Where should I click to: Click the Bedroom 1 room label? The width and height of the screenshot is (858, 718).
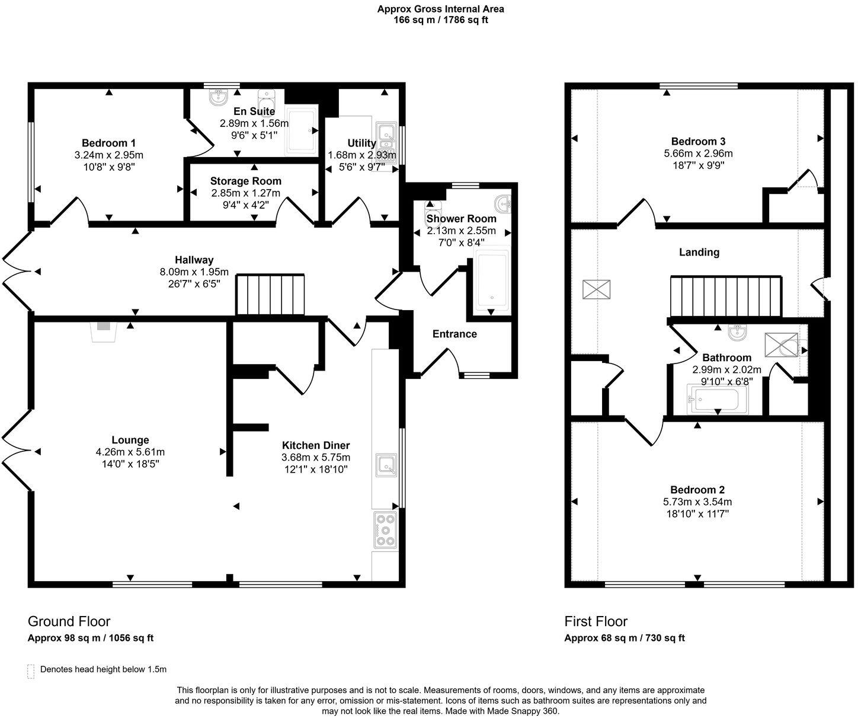[x=108, y=143]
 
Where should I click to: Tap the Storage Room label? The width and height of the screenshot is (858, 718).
[x=245, y=181]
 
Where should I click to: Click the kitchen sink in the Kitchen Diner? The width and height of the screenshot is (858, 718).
[x=386, y=465]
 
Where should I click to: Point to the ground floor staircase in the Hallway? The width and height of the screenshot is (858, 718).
[x=270, y=294]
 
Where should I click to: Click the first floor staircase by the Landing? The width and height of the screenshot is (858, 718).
[x=726, y=296]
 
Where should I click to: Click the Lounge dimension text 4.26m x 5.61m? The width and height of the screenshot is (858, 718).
[x=130, y=452]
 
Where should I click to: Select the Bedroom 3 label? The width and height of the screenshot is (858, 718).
[x=698, y=141]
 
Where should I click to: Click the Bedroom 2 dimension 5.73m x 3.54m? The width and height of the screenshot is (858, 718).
[x=697, y=502]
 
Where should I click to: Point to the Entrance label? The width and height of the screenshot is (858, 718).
[x=454, y=334]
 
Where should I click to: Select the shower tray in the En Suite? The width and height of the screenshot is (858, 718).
[x=302, y=130]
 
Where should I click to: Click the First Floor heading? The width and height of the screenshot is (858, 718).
[x=596, y=621]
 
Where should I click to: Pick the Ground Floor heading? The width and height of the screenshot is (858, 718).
[x=69, y=621]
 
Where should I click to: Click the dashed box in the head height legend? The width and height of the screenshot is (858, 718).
[x=31, y=671]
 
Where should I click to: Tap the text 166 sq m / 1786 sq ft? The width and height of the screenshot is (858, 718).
[x=441, y=20]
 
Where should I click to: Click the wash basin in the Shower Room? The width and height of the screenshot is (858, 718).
[x=505, y=203]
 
